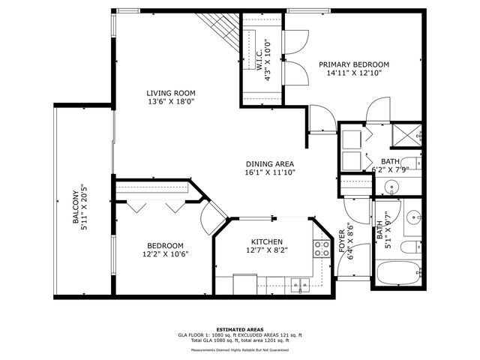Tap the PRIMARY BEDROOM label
pos(354,64)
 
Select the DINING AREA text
pos(270,163)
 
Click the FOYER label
pos(343,244)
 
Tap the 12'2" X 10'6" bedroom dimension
pos(165,253)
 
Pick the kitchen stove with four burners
pos(322,248)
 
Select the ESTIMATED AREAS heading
pos(239,329)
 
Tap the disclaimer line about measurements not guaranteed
pos(239,349)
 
